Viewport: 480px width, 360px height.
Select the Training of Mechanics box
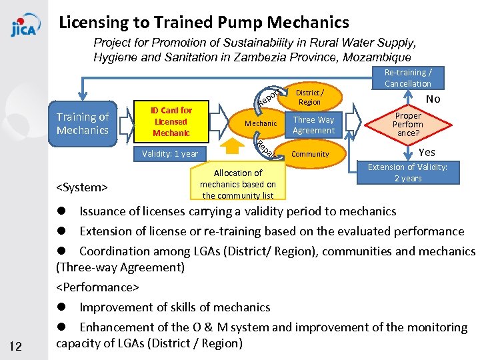pos(83,124)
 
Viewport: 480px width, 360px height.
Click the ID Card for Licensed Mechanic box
pos(171,121)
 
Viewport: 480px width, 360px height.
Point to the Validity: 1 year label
pos(170,154)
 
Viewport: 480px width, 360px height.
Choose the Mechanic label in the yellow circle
pos(261,123)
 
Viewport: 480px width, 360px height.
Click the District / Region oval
pos(309,97)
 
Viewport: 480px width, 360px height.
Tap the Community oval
pos(311,154)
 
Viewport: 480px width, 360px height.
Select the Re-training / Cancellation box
pos(408,78)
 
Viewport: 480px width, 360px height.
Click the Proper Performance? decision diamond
pos(407,125)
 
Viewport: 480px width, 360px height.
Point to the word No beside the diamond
pos(433,99)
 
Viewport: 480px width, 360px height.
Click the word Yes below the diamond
pos(427,152)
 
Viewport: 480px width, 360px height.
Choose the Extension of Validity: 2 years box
pos(408,173)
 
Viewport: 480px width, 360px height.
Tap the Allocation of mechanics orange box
pos(238,184)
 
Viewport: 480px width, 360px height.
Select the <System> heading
pos(82,187)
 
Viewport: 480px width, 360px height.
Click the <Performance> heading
pos(97,287)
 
